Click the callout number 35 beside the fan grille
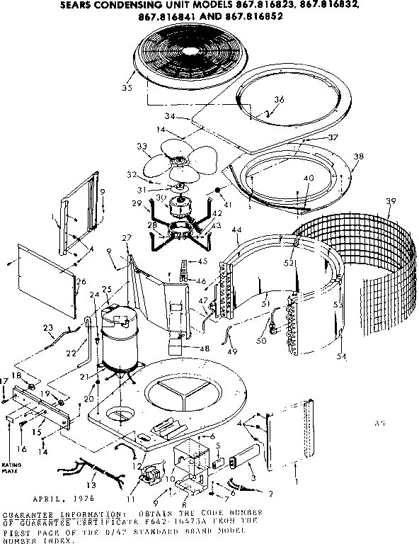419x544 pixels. click(x=127, y=88)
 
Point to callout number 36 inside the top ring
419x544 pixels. click(x=278, y=100)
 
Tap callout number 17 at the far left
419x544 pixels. click(x=6, y=380)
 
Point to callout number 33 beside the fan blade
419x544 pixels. click(x=142, y=147)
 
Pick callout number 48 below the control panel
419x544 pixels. click(x=205, y=348)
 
